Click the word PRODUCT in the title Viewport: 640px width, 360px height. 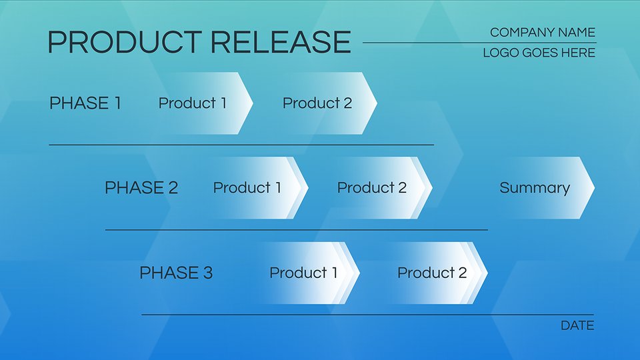point(125,42)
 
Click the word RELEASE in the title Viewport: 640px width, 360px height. point(281,42)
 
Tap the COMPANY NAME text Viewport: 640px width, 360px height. point(543,32)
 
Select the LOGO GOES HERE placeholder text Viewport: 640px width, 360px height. point(539,53)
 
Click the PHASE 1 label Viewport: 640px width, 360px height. point(85,103)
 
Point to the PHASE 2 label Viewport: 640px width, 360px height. point(141,188)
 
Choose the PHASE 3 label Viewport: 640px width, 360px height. point(176,273)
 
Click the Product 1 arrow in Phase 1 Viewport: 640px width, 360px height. point(200,103)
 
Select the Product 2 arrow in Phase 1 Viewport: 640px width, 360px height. point(325,103)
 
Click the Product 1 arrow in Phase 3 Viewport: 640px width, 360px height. point(308,273)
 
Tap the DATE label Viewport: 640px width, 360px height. point(577,325)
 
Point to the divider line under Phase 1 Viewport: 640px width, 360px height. point(241,145)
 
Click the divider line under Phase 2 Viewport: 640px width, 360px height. point(296,230)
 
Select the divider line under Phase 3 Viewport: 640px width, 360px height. point(368,315)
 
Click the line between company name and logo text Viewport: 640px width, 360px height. point(479,43)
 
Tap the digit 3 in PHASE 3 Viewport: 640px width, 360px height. point(208,273)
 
